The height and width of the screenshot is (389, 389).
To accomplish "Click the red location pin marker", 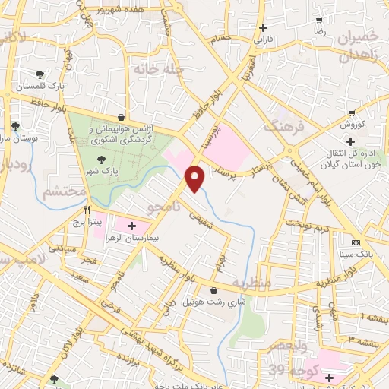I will (x=196, y=178).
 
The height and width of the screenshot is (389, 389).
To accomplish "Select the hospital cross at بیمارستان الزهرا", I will (x=133, y=226).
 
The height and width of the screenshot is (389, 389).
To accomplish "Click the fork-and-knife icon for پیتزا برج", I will (x=87, y=210).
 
